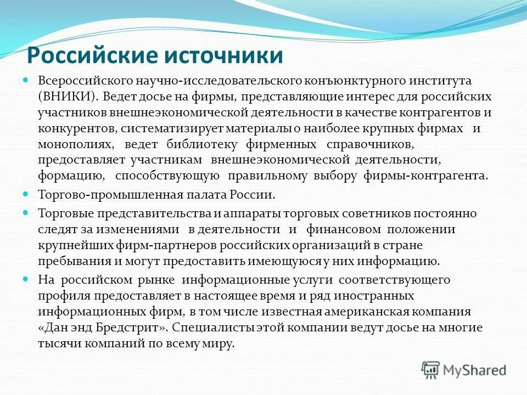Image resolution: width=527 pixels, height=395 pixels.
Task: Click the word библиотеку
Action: (x=204, y=144)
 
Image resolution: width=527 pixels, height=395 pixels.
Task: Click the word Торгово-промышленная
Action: (x=97, y=195)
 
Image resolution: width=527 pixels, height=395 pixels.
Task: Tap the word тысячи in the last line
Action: (x=58, y=343)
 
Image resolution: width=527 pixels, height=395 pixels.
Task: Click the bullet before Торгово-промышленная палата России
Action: (x=25, y=194)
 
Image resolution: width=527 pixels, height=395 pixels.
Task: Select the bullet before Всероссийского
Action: (x=25, y=80)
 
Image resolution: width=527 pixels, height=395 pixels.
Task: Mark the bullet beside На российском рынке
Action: (x=25, y=279)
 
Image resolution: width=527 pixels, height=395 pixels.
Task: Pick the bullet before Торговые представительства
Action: (x=25, y=212)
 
